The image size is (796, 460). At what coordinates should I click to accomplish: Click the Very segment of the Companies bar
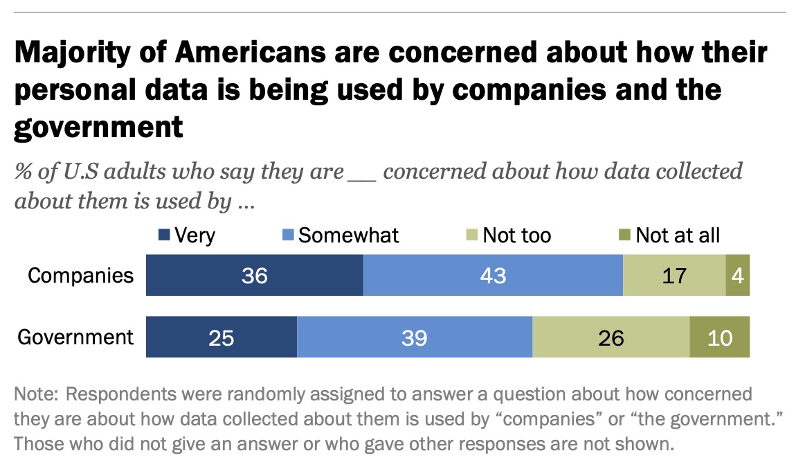pyautogui.click(x=254, y=275)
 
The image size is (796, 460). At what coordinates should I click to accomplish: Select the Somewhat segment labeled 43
pyautogui.click(x=492, y=275)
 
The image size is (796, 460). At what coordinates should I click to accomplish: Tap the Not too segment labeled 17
pyautogui.click(x=673, y=275)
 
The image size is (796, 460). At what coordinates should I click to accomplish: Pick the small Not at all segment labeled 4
pyautogui.click(x=737, y=275)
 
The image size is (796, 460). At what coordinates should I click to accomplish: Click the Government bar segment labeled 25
pyautogui.click(x=221, y=337)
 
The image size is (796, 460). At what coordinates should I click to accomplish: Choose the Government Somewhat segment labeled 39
pyautogui.click(x=414, y=337)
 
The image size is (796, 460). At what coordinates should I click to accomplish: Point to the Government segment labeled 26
pyautogui.click(x=610, y=337)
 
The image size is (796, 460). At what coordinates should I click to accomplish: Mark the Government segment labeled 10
pyautogui.click(x=720, y=337)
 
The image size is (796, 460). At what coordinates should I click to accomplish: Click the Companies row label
pyautogui.click(x=80, y=275)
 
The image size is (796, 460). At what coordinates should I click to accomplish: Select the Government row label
pyautogui.click(x=75, y=337)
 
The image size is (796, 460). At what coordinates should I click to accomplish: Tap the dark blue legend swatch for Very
pyautogui.click(x=165, y=236)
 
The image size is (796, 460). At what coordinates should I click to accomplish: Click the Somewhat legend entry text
pyautogui.click(x=349, y=235)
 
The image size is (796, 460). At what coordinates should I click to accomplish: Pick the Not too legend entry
pyautogui.click(x=516, y=235)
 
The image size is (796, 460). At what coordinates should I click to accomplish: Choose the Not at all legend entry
pyautogui.click(x=678, y=235)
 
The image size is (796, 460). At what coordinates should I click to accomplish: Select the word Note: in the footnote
pyautogui.click(x=36, y=395)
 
